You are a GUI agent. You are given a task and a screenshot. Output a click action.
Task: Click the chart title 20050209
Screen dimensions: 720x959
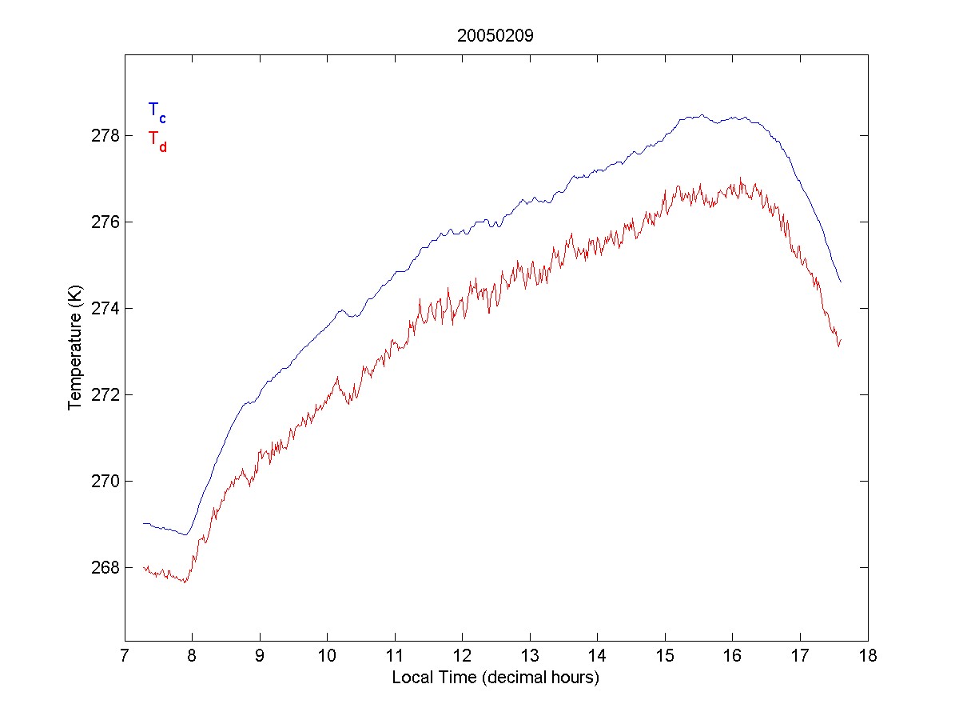[x=495, y=36]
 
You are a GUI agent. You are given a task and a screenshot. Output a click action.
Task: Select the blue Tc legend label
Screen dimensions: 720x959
[x=157, y=111]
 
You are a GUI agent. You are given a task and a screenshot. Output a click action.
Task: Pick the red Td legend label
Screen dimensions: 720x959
[x=157, y=140]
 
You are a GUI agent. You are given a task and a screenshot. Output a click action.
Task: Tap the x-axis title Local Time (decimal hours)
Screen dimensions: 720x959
[x=495, y=678]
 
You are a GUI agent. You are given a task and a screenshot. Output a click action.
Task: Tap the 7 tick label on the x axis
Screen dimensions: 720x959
[x=125, y=658]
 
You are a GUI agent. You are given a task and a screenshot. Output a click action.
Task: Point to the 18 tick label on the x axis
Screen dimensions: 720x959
[x=868, y=658]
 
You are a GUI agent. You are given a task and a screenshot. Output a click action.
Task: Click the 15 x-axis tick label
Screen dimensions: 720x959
[x=665, y=658]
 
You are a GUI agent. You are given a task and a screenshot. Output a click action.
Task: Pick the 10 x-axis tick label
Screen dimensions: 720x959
[x=327, y=658]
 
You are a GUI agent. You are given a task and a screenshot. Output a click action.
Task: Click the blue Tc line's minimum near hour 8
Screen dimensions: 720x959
[x=185, y=534]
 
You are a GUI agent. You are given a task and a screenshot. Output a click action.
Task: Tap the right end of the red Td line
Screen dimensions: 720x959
[x=841, y=340]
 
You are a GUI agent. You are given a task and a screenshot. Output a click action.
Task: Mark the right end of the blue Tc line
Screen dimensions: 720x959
[x=841, y=282]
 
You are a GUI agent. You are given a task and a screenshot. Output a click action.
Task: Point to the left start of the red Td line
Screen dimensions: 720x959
[x=144, y=567]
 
